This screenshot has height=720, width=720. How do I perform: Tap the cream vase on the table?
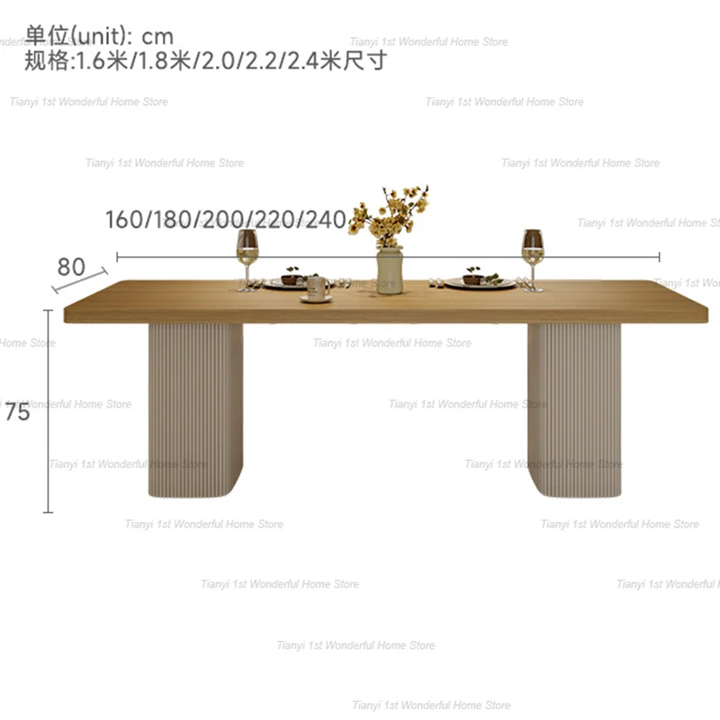click(x=390, y=270)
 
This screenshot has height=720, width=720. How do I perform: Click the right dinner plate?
click(x=480, y=282)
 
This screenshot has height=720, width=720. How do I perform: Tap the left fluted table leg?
click(x=195, y=409)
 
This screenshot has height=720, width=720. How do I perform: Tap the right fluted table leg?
click(x=574, y=409)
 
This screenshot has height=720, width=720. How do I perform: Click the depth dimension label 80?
click(x=71, y=267)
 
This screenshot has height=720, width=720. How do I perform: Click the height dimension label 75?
click(x=18, y=414)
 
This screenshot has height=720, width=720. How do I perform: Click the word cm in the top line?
click(x=158, y=37)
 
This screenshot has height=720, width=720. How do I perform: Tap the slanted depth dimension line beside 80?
click(x=80, y=281)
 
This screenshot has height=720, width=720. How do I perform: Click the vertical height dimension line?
click(x=49, y=410)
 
